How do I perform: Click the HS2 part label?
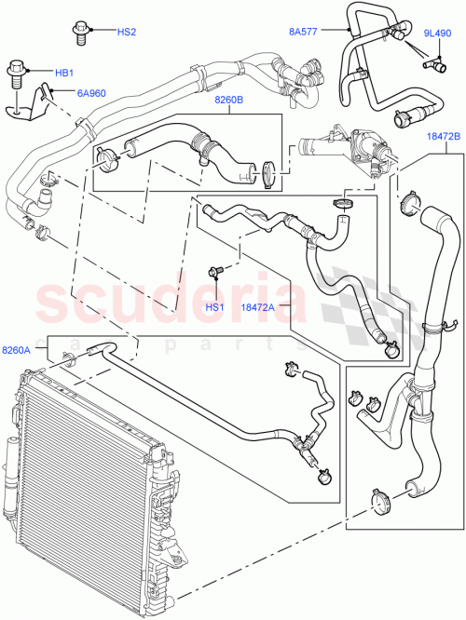(126, 33)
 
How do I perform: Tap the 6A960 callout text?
(90, 93)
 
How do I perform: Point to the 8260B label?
(228, 100)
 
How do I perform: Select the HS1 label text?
(215, 307)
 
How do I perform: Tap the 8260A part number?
(17, 350)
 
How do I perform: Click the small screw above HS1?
(217, 274)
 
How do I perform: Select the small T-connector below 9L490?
(435, 65)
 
